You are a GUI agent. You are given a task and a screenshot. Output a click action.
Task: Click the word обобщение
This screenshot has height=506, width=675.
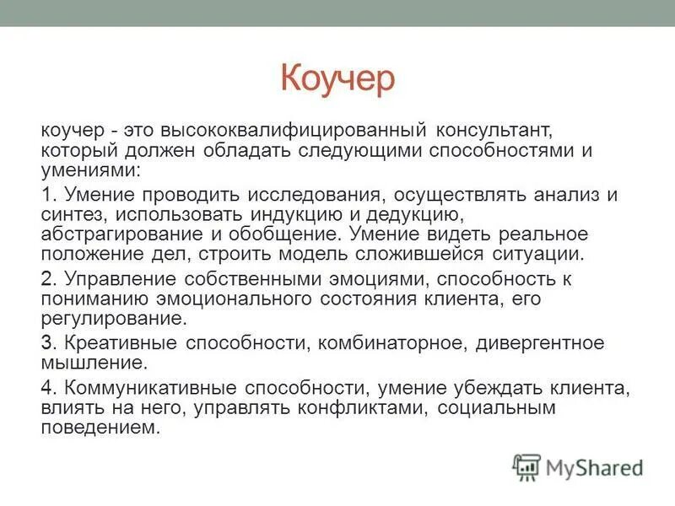pos(273,234)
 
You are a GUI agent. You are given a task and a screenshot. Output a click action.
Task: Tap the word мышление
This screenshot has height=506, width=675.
pos(93,363)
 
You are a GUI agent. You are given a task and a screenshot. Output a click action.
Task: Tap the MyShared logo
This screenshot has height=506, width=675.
pos(578,467)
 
